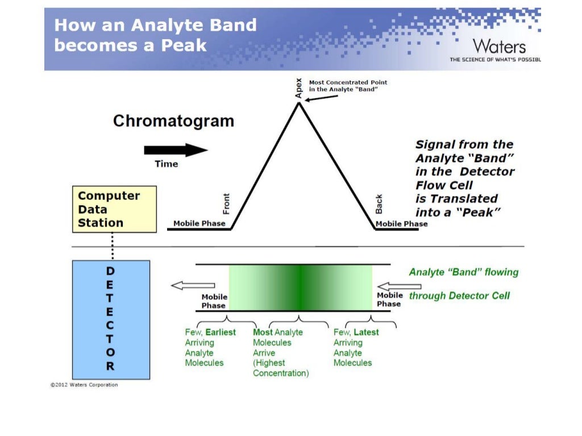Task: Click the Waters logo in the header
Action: [x=499, y=46]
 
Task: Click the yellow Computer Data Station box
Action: [x=114, y=209]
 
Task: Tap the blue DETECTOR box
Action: [x=111, y=319]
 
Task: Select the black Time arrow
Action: [x=176, y=150]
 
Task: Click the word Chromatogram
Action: [x=173, y=121]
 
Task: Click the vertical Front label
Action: [x=226, y=203]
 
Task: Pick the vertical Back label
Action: [x=379, y=204]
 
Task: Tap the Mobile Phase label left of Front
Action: [x=198, y=223]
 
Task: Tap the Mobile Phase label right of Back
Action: [x=402, y=224]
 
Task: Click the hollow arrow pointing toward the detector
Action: [x=193, y=286]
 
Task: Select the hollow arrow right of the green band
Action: [x=392, y=286]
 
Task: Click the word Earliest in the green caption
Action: [x=221, y=332]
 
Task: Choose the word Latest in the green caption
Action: [x=366, y=332]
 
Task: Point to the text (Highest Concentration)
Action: [x=281, y=368]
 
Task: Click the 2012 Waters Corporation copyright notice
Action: [x=84, y=385]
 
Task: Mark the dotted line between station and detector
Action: [x=113, y=246]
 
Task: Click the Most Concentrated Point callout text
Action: [x=348, y=86]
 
